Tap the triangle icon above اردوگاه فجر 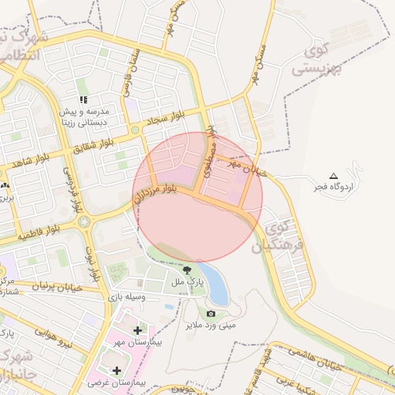(x=333, y=176)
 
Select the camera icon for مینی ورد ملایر (x=211, y=313)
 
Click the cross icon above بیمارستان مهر (x=137, y=330)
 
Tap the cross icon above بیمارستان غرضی (x=116, y=370)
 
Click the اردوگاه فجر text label (x=333, y=187)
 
